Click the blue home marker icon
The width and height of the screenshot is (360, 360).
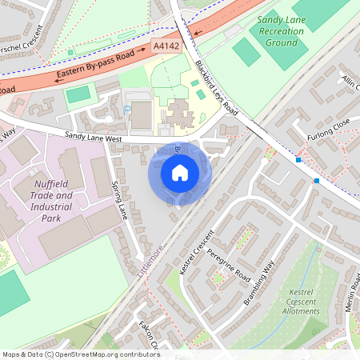[180, 173]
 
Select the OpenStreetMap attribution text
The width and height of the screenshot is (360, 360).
[81, 354]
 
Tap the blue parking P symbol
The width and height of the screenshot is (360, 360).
[127, 110]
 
